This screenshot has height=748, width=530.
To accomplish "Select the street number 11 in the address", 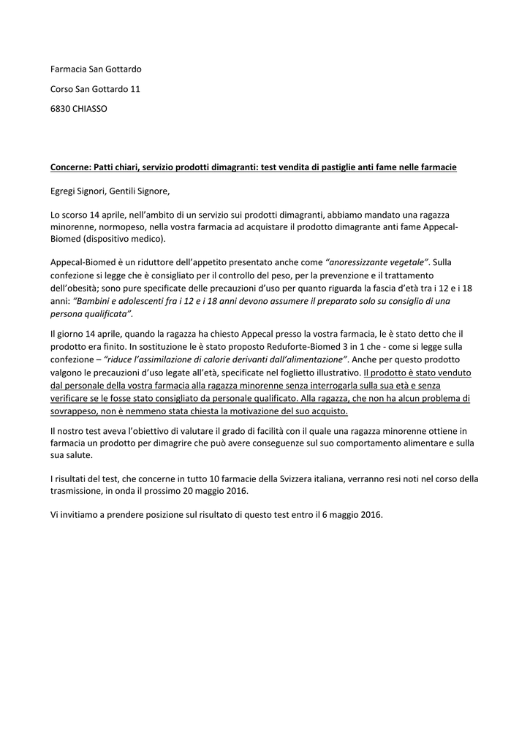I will point(135,89).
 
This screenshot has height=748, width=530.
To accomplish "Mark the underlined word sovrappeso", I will point(75,411).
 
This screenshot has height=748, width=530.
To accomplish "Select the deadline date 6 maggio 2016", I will point(349,514).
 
